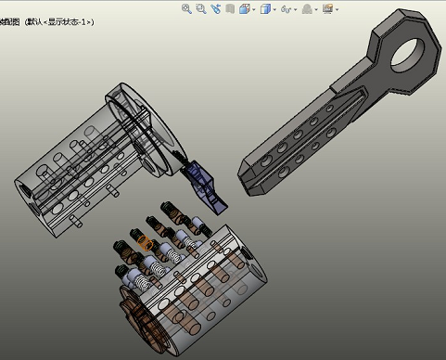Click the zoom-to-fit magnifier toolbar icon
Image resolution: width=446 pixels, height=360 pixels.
pos(186,8)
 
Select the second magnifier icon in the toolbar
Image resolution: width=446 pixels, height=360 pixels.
pos(201,8)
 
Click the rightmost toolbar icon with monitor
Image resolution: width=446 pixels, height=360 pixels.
pos(327,8)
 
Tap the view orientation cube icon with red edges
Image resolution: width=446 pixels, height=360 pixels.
pos(244,8)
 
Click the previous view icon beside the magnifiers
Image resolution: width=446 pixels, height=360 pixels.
pos(216,8)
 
